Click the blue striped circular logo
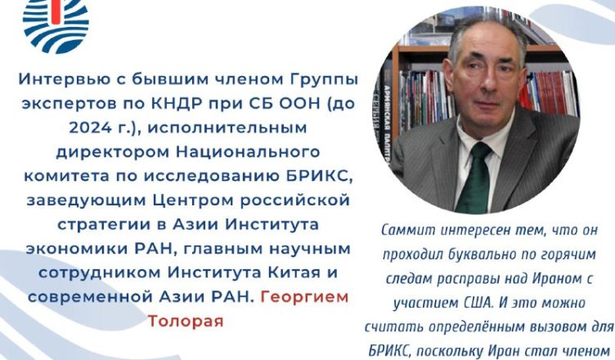click(x=56, y=24)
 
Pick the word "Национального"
click(x=248, y=152)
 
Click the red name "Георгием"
click(x=304, y=297)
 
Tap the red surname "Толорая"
click(x=186, y=321)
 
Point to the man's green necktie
click(x=474, y=178)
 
